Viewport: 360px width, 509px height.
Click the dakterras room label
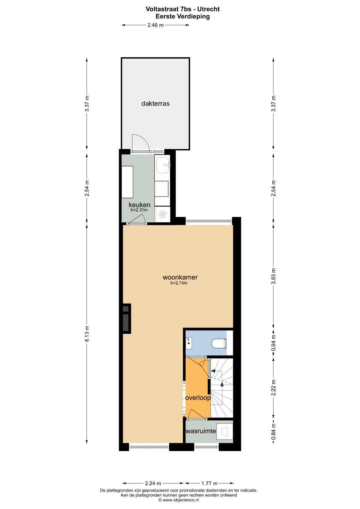coord(155,104)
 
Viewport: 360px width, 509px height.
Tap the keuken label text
coord(140,205)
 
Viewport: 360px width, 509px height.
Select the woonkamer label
coord(180,277)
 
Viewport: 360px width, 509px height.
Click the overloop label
coord(198,398)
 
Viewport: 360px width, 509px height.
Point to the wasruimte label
coord(201,431)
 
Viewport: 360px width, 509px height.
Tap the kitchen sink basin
coord(163,165)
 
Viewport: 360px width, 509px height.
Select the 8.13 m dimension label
coord(87,334)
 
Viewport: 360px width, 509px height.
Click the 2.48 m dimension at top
coord(155,25)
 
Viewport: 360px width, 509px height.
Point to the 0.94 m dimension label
coord(274,343)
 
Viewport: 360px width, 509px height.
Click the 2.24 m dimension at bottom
coord(153,483)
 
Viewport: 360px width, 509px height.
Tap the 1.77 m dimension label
coord(209,483)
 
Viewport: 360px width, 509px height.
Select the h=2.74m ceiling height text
coord(179,283)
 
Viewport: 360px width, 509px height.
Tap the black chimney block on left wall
coord(126,318)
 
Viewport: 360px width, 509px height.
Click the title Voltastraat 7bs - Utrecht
coord(183,9)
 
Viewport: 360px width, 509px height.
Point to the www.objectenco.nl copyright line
coord(179,500)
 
